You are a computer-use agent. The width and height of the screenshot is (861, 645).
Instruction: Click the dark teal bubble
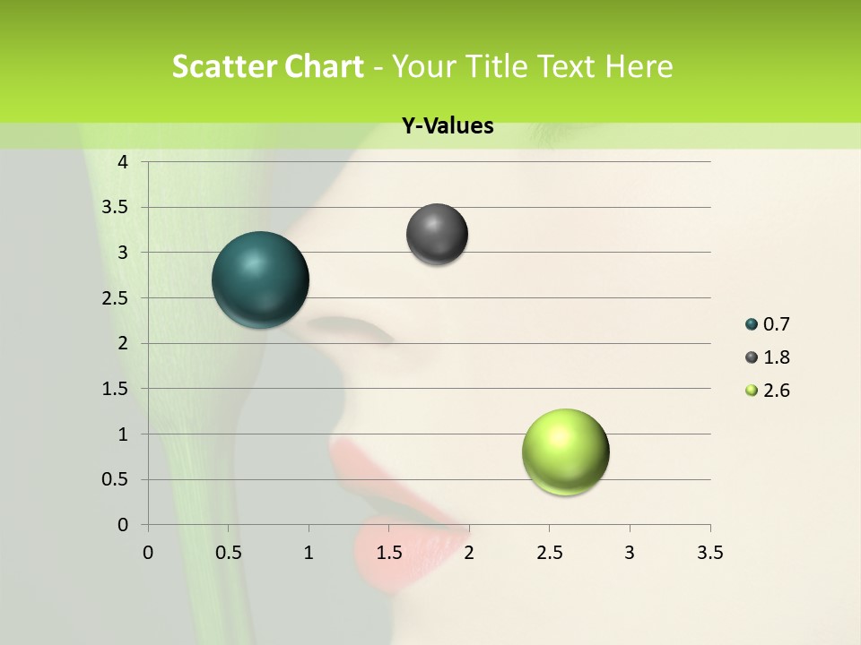tap(261, 279)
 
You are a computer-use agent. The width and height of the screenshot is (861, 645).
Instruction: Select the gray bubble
tap(437, 234)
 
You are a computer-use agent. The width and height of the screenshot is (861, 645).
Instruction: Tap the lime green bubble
tap(565, 451)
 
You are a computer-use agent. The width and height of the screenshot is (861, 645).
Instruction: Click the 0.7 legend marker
tap(752, 324)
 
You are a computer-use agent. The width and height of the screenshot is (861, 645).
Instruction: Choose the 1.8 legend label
tap(776, 357)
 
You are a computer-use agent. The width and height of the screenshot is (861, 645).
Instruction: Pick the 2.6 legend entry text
tap(776, 391)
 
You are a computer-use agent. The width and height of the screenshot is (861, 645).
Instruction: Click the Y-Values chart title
tap(448, 126)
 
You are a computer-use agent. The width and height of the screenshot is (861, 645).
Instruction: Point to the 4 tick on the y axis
tap(123, 161)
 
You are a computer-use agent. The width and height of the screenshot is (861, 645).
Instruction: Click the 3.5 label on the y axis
tap(116, 207)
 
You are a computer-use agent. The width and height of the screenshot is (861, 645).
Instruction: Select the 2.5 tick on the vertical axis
tap(116, 297)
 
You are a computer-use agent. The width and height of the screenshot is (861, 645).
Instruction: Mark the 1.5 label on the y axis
tap(116, 389)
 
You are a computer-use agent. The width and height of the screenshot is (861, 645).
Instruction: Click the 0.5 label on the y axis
tap(116, 479)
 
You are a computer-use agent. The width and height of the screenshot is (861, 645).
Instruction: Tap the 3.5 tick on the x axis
tap(709, 553)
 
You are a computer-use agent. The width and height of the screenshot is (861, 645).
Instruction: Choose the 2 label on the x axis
tap(469, 553)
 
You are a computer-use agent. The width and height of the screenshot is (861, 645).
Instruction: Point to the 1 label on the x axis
tap(309, 553)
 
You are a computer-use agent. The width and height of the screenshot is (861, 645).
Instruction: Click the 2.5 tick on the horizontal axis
tap(549, 553)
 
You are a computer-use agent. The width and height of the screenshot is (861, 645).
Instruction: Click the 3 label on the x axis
tap(630, 553)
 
